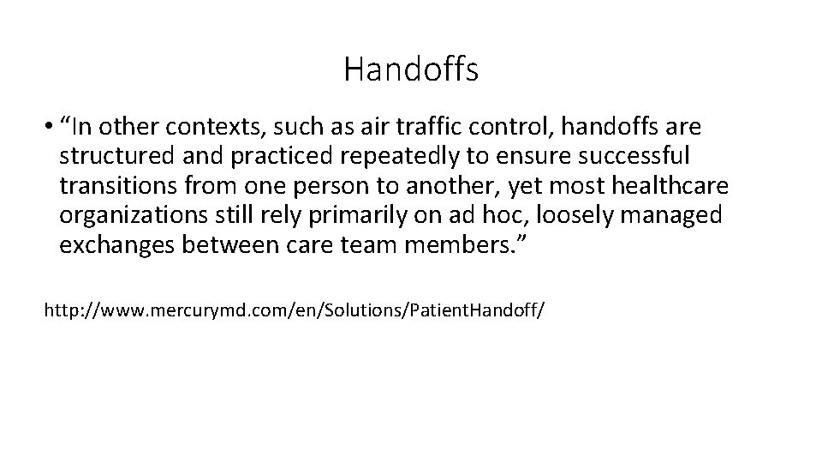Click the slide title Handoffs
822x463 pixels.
[411, 69]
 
